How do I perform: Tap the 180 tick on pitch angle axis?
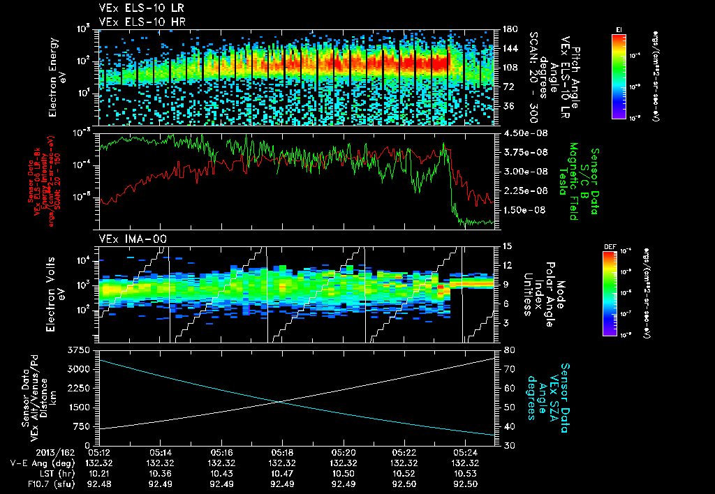point(508,29)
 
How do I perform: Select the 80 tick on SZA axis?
point(506,349)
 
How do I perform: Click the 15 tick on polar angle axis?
point(506,246)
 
